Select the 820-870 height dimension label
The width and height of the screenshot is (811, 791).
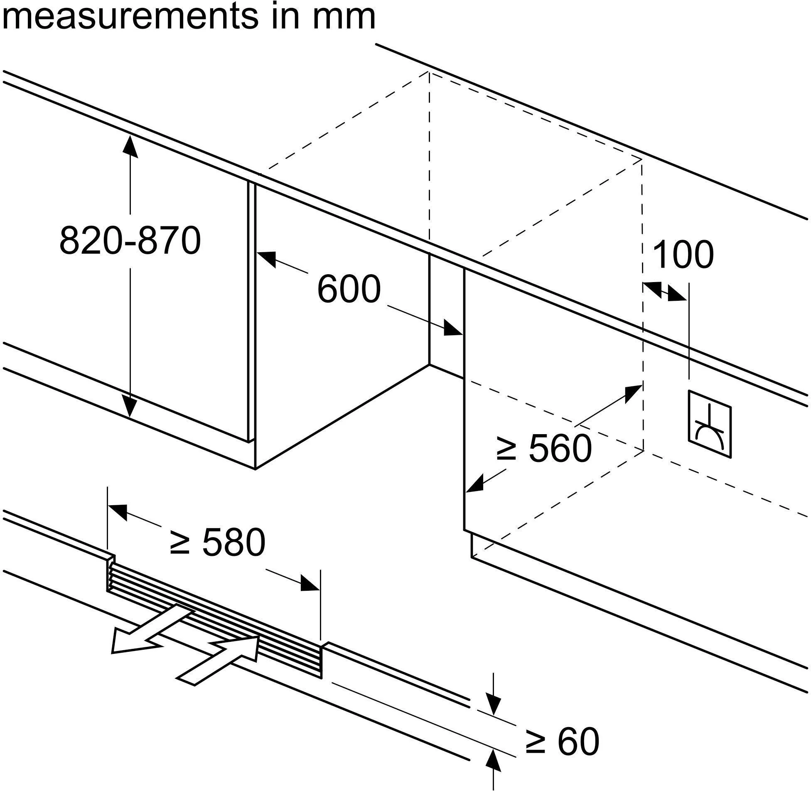click(x=130, y=241)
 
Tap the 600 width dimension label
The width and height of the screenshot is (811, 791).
click(x=349, y=289)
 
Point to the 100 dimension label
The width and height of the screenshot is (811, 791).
click(x=683, y=254)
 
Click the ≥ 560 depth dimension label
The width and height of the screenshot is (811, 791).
click(x=544, y=448)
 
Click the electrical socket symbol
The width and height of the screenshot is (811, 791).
click(x=710, y=424)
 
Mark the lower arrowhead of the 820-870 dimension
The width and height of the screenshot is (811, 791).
click(x=130, y=405)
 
